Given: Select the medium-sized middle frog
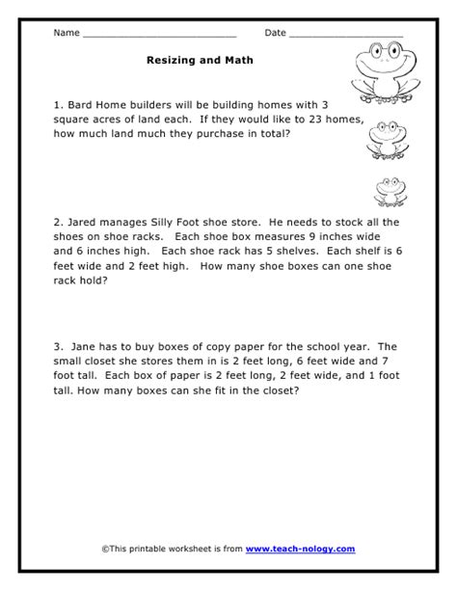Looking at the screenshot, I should (x=386, y=140).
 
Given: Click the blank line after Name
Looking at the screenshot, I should (x=159, y=35).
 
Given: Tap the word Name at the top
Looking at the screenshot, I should (x=67, y=33).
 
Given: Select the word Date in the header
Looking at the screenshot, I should (x=275, y=33).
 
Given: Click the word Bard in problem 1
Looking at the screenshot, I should (x=81, y=103).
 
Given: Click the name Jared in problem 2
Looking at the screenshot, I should (x=85, y=222).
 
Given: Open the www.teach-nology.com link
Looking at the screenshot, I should (x=300, y=549).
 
